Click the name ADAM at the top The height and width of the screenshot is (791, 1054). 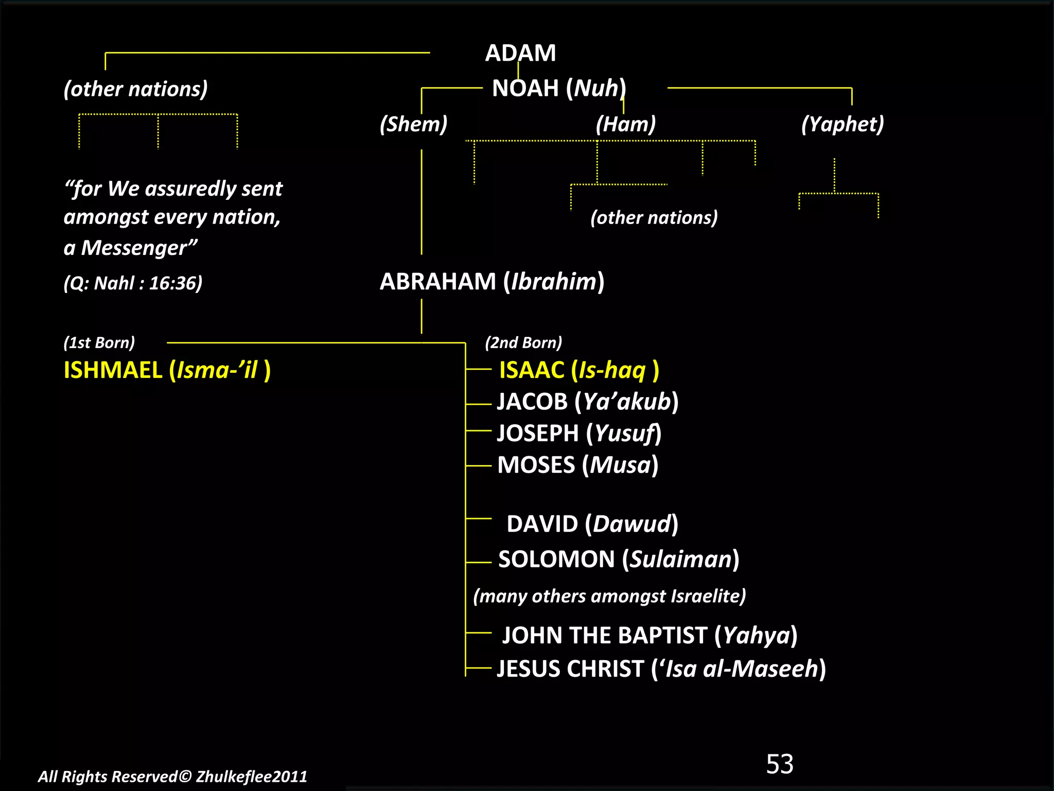tap(520, 53)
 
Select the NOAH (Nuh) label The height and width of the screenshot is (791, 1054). tap(559, 88)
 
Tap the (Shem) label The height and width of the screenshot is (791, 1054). tap(413, 124)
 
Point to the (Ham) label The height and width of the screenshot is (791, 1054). tap(625, 124)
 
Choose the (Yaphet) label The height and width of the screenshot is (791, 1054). tap(842, 124)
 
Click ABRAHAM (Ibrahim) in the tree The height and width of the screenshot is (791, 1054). tap(491, 282)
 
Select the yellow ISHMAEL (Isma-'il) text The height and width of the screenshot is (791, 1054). tap(167, 370)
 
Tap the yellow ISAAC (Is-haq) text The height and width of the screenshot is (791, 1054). tap(578, 370)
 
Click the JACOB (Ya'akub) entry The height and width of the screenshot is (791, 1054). tap(587, 402)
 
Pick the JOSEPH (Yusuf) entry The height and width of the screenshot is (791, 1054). tap(579, 433)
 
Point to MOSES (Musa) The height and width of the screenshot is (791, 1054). tap(577, 465)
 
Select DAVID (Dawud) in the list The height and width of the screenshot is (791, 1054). tap(592, 524)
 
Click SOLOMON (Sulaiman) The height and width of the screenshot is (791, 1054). tap(618, 559)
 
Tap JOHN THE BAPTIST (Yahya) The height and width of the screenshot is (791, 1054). tap(649, 635)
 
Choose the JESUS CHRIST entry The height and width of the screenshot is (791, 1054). tap(661, 669)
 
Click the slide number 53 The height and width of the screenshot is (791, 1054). tap(779, 764)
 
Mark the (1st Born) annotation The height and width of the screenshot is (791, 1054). tap(99, 342)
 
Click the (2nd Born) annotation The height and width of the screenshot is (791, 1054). tap(523, 342)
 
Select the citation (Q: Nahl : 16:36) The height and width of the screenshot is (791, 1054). tap(133, 283)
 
